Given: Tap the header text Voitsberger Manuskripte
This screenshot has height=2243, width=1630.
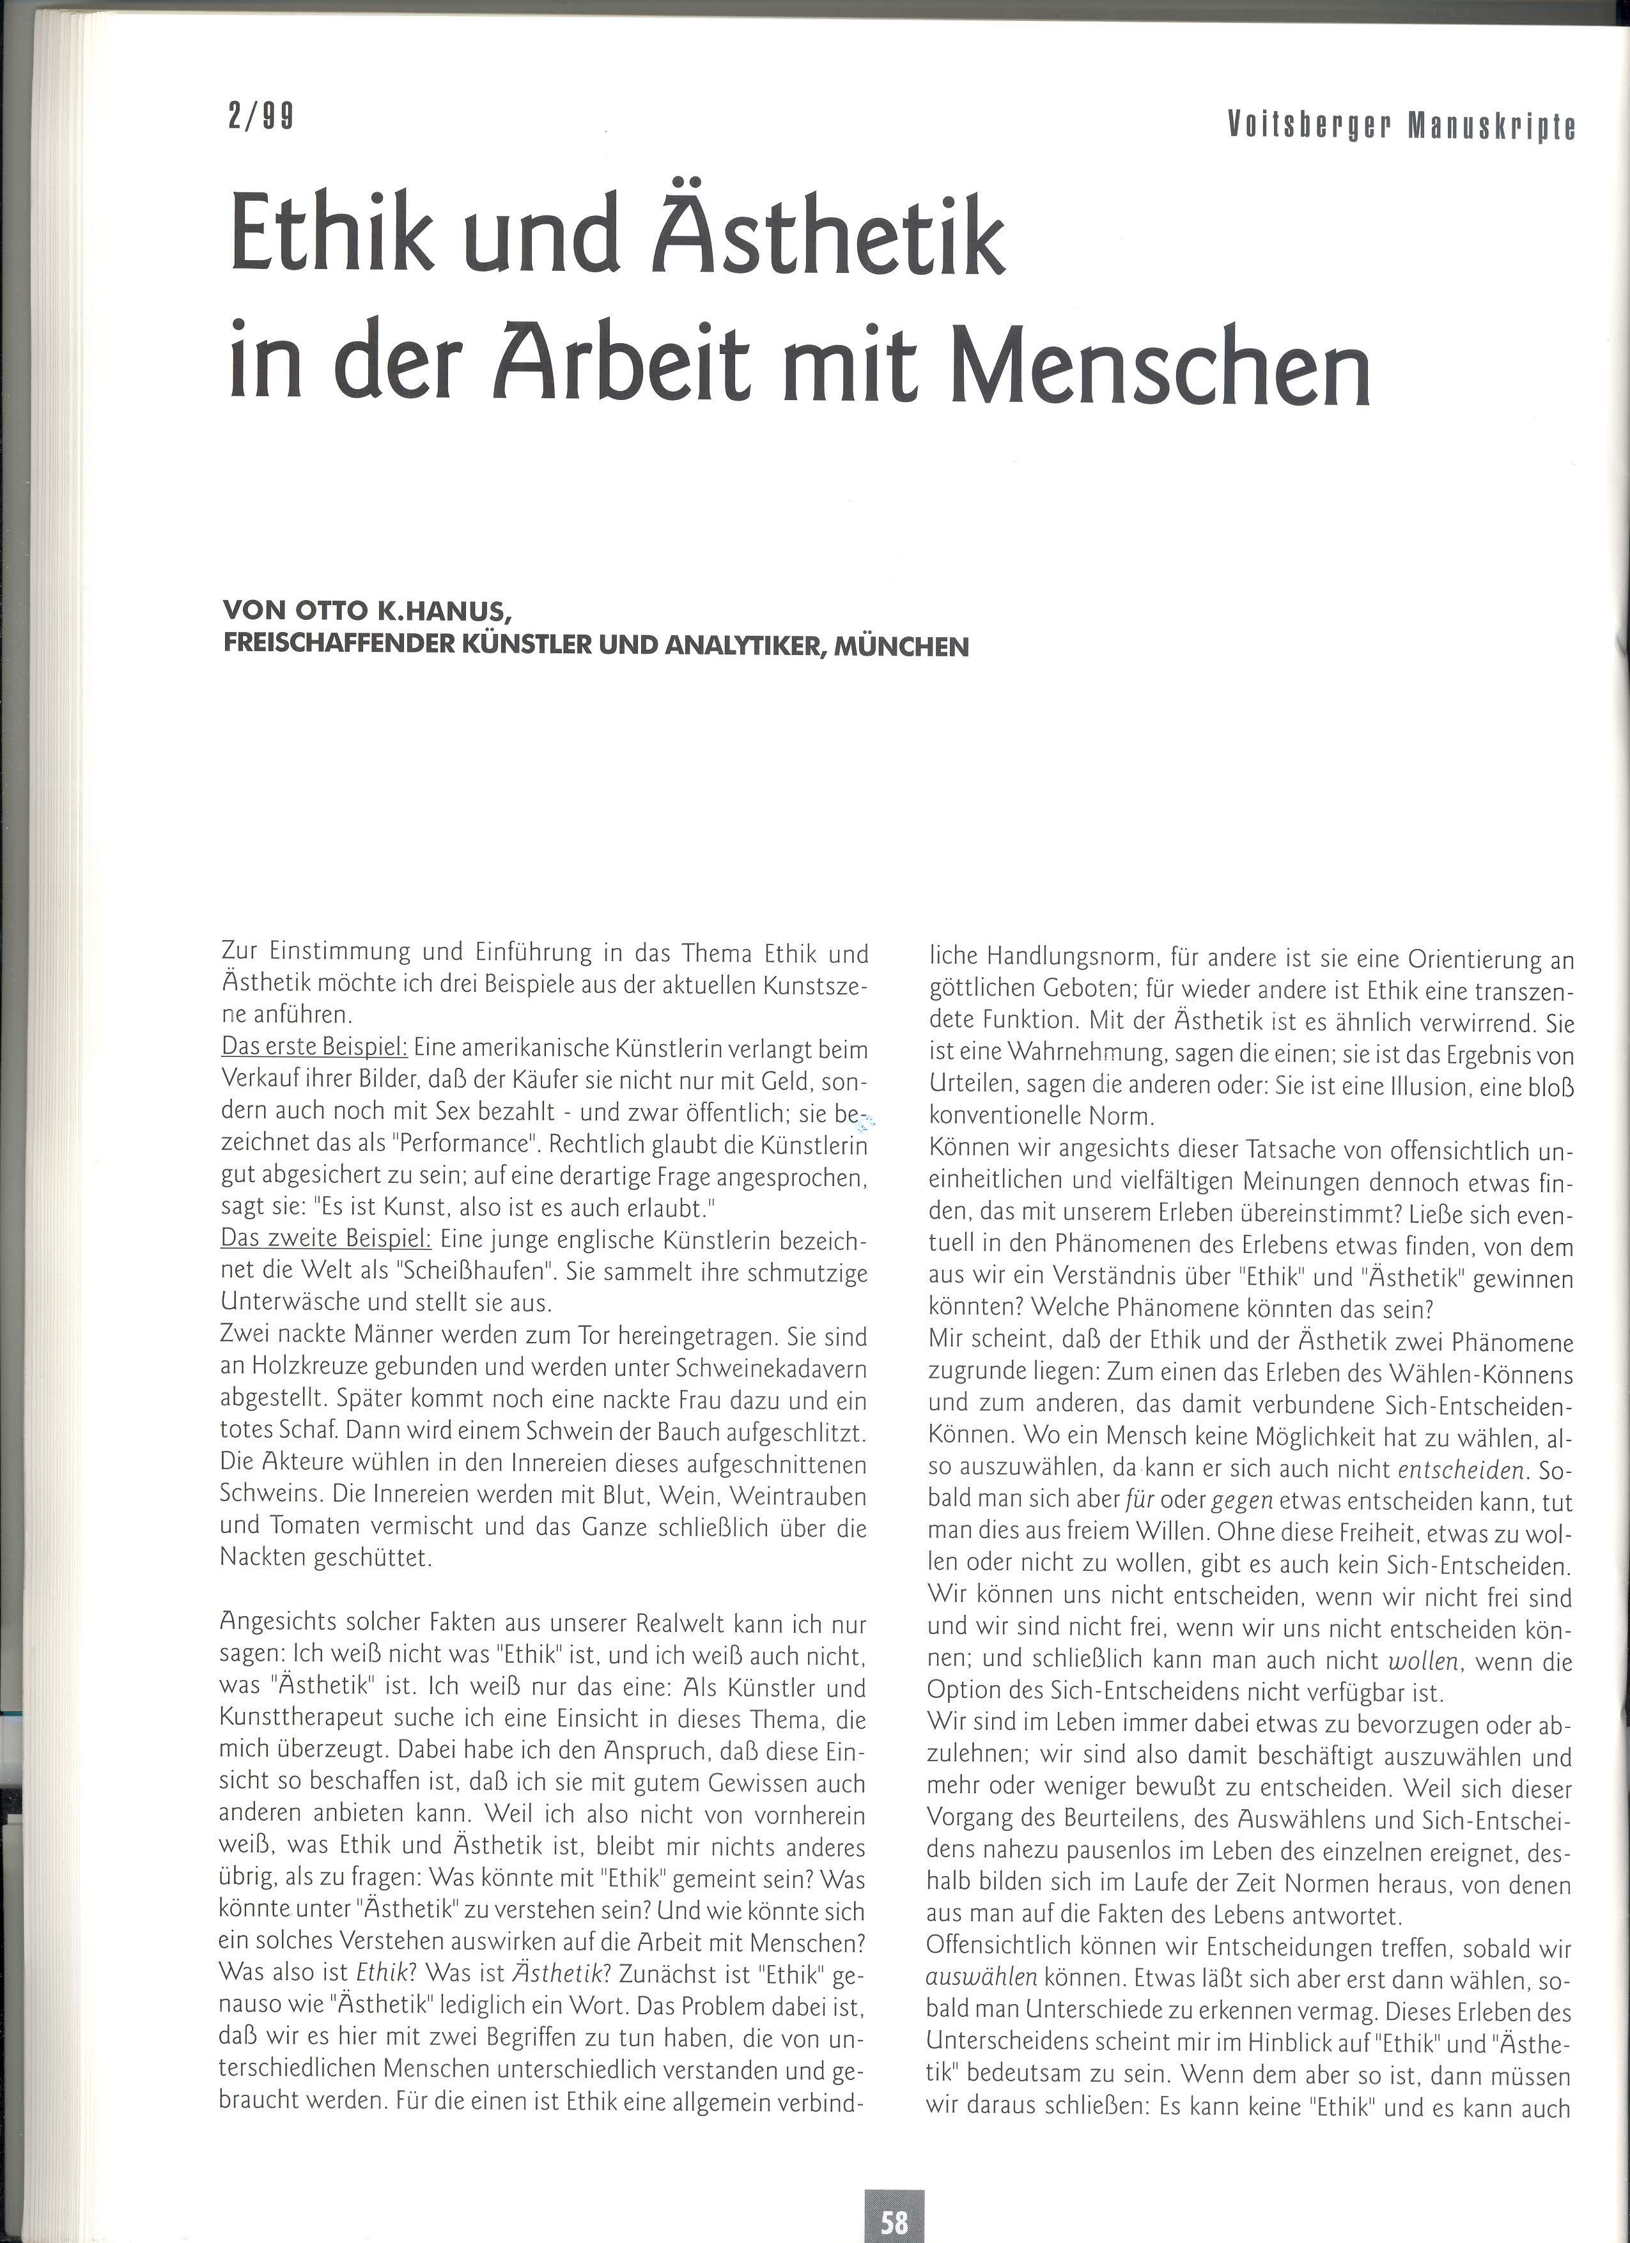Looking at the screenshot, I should tap(1401, 126).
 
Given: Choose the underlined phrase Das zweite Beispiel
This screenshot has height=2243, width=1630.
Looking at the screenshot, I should tap(325, 1240).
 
